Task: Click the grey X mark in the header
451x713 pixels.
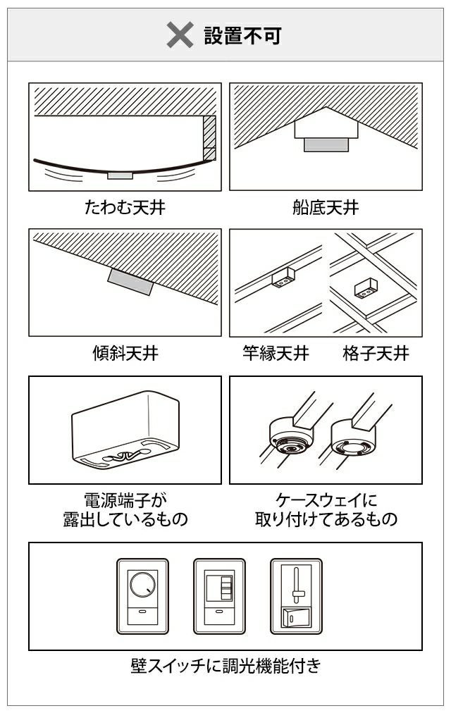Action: pos(180,35)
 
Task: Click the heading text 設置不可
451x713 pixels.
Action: pos(243,35)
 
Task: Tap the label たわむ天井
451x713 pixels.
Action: pos(125,207)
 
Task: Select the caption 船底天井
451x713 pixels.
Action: pos(326,207)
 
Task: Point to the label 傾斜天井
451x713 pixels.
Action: pos(125,353)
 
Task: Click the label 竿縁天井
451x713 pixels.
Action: pos(276,353)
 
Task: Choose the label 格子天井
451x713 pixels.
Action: pos(376,353)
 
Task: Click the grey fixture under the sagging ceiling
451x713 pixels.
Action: pos(120,175)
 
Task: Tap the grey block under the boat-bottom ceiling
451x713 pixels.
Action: pos(326,144)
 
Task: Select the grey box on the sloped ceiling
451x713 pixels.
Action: pos(130,282)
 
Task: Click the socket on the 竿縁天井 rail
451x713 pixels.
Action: pos(284,278)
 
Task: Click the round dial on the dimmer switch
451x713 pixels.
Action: pos(142,584)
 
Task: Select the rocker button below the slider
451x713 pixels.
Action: pos(296,616)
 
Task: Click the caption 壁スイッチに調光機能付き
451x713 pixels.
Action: pos(225,666)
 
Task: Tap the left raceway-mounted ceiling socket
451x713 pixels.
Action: pos(292,437)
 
